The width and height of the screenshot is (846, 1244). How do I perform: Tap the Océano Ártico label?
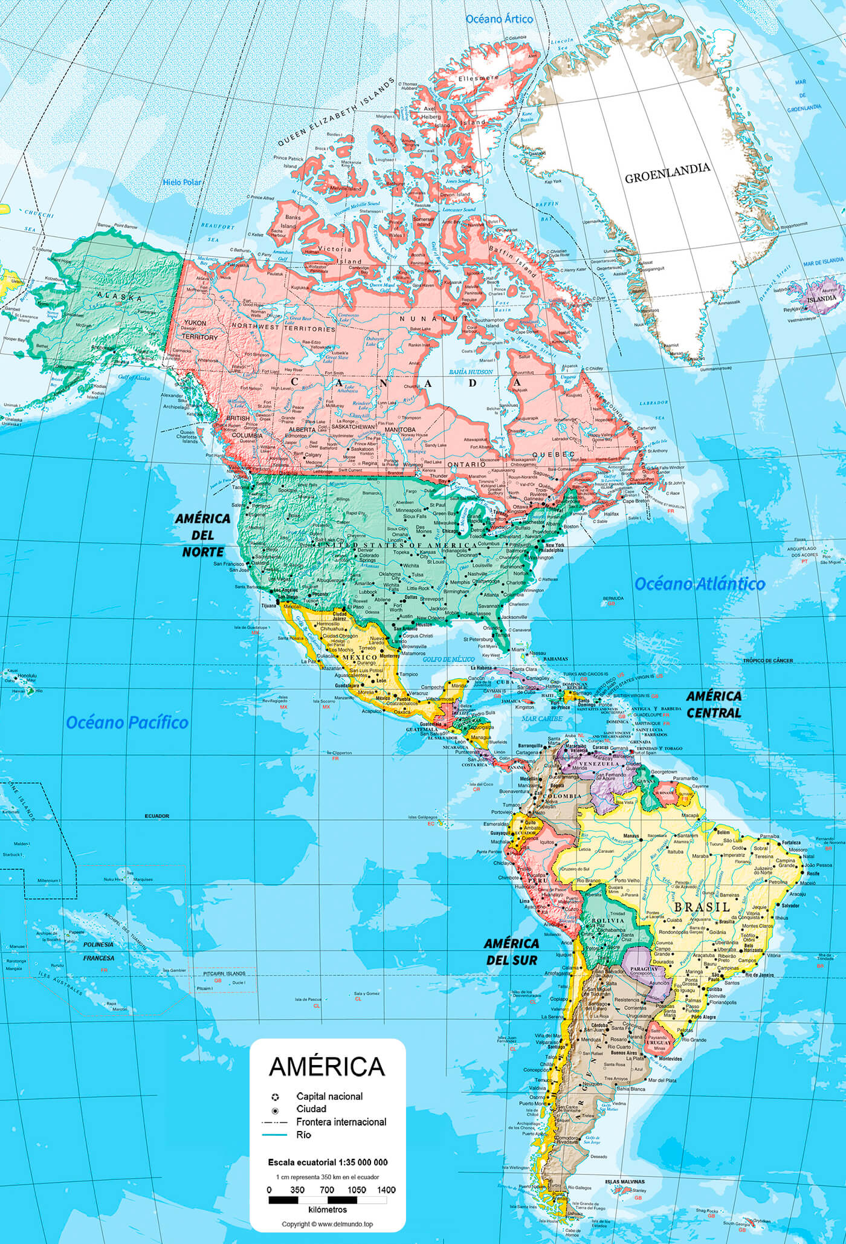coord(499,19)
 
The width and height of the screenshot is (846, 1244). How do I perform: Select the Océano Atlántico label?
coord(699,584)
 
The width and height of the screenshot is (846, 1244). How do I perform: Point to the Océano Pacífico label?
coord(127,722)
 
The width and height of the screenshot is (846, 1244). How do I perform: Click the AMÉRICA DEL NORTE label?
coord(202,535)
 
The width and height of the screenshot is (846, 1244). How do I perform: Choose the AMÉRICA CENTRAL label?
coord(714,704)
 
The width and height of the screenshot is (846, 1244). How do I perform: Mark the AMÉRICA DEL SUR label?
coord(511,951)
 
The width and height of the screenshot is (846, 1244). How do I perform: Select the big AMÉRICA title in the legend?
coord(326,1067)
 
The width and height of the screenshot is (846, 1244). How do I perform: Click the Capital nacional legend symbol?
coord(275,1096)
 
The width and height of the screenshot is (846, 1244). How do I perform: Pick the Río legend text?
coord(303,1135)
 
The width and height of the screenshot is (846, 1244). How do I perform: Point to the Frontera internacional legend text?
coord(341,1122)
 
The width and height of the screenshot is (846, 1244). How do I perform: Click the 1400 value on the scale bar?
coord(386,1190)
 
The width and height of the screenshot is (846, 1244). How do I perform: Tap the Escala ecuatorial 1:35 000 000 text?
coord(328,1162)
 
